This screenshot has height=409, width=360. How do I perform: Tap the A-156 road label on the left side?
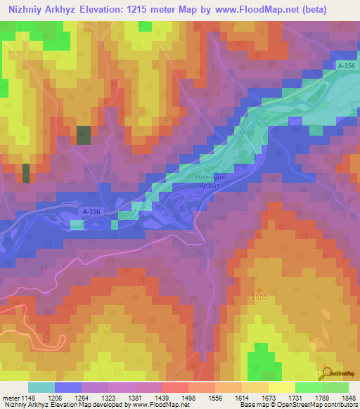click(91, 211)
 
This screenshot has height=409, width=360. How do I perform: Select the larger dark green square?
click(84, 135)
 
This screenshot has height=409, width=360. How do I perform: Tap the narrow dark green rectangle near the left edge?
click(26, 173)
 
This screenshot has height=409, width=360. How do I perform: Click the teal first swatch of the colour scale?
click(41, 387)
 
